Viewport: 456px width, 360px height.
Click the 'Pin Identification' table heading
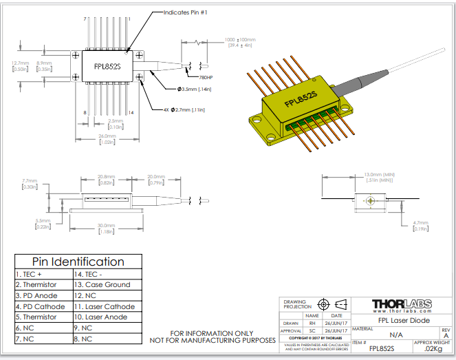click(x=78, y=262)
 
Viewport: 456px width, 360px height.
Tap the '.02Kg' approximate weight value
click(x=433, y=350)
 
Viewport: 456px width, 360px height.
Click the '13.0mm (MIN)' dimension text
click(x=378, y=174)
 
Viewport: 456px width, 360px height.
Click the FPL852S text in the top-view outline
click(x=107, y=67)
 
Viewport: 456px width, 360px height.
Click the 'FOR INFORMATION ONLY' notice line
click(x=213, y=333)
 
